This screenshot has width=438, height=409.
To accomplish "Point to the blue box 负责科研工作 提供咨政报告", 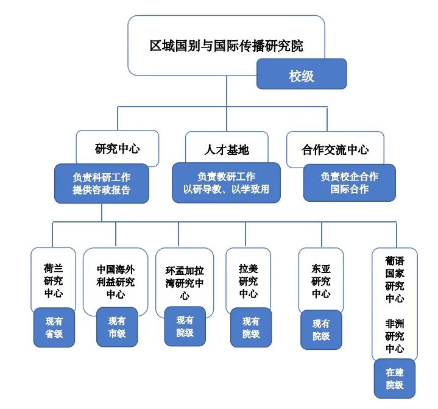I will coord(102,183).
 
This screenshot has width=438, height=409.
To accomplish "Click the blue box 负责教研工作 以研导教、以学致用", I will coord(227,183).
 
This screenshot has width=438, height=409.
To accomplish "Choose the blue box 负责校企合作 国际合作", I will coord(349,182).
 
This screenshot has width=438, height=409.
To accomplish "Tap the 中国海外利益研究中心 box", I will coord(115,281).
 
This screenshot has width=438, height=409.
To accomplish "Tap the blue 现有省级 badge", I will coord(54,327).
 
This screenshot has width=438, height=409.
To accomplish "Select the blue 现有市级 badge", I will coord(117,327).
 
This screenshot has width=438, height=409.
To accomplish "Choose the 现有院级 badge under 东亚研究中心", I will coord(321,330).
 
